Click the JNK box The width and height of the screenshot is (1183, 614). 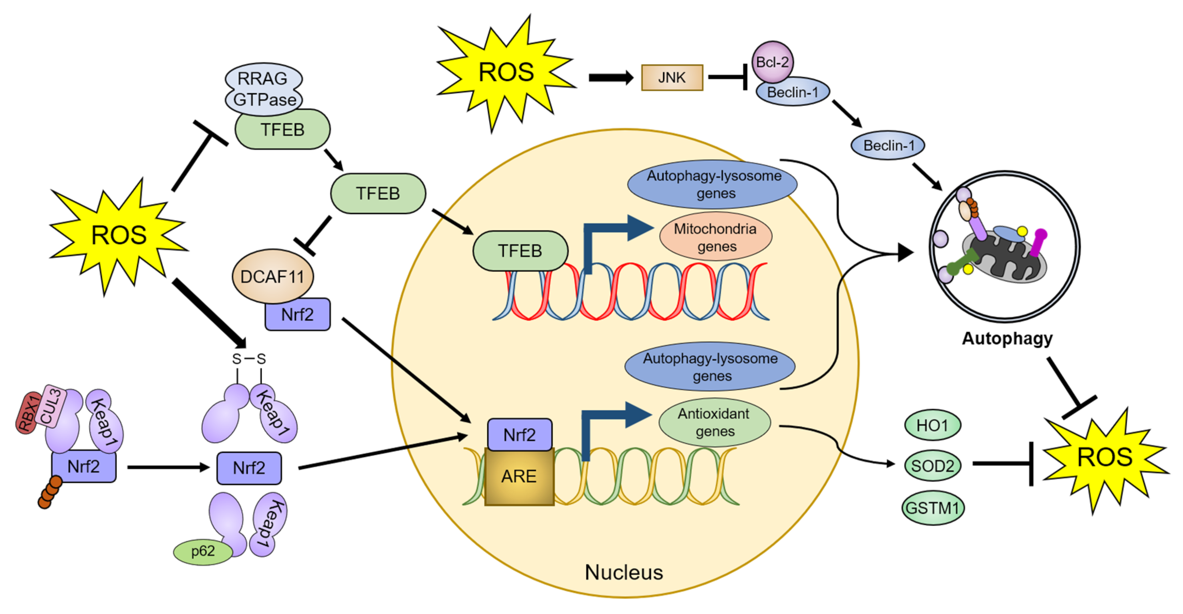click(x=672, y=77)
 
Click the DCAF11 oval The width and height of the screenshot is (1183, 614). click(x=272, y=276)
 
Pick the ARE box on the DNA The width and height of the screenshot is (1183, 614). click(x=519, y=476)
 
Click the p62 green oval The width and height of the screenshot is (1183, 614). click(x=203, y=551)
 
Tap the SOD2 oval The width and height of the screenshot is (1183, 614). click(x=932, y=466)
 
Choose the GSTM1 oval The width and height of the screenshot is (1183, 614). click(x=932, y=508)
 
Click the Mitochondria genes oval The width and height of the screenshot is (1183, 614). click(x=715, y=237)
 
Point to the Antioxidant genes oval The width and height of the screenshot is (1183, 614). click(x=714, y=422)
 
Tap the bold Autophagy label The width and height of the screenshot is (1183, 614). click(x=1007, y=338)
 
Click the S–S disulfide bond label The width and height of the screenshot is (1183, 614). click(x=248, y=359)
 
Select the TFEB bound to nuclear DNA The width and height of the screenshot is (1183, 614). click(x=520, y=251)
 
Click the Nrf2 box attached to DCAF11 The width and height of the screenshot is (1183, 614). click(x=297, y=315)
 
